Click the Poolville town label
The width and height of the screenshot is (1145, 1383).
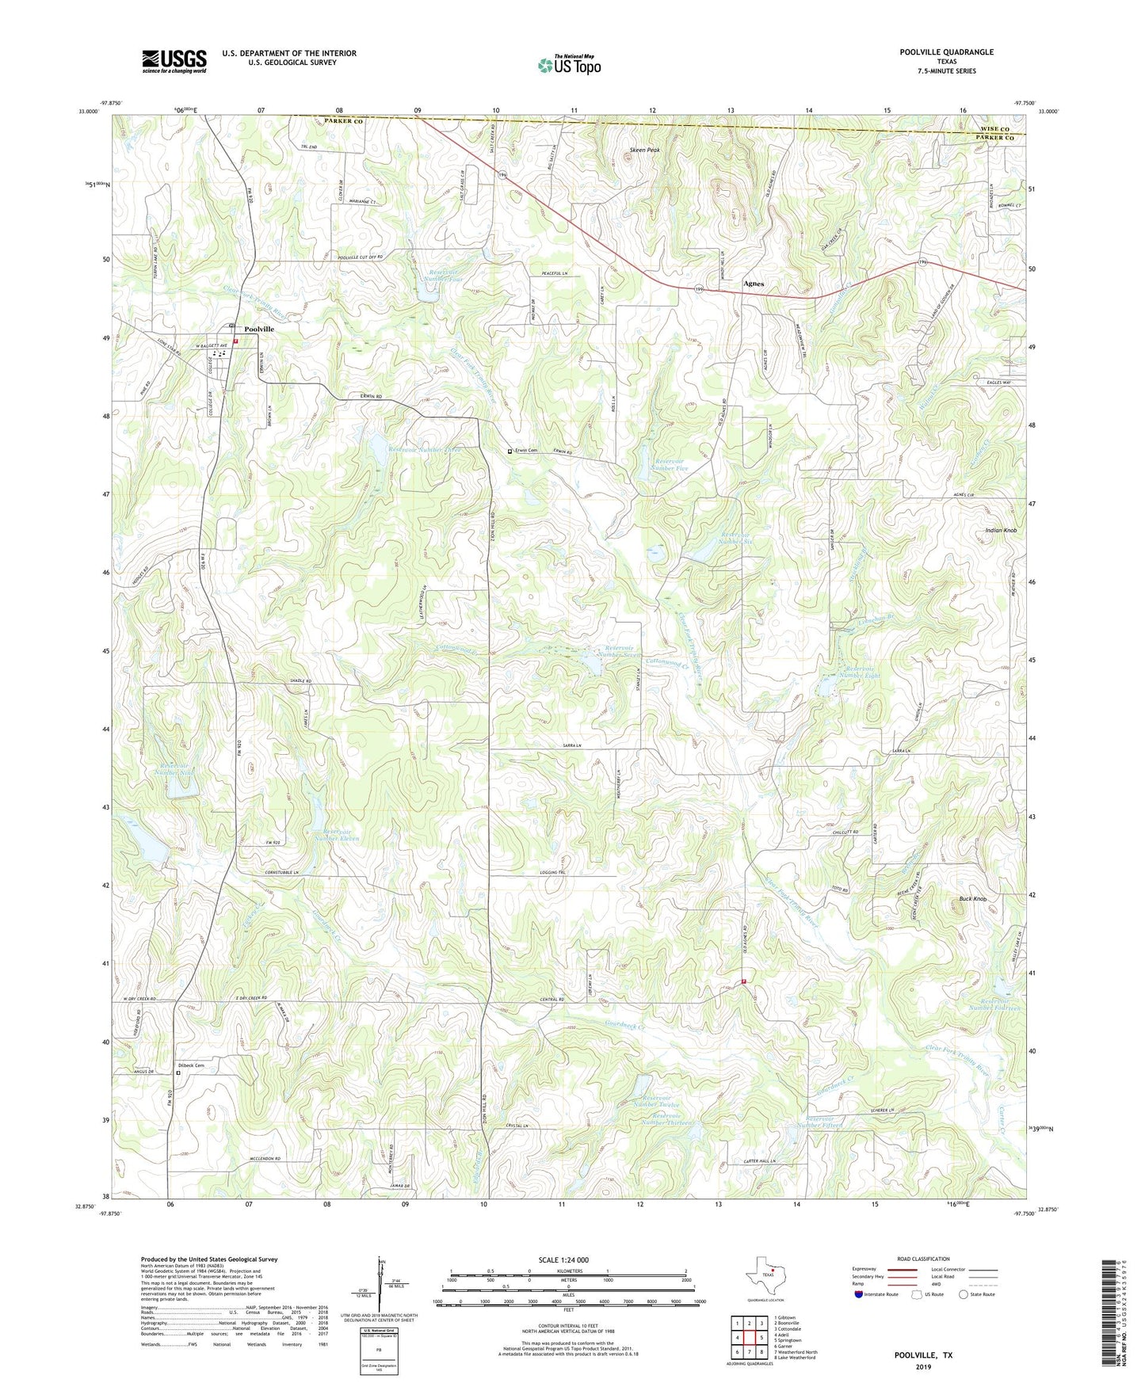259,329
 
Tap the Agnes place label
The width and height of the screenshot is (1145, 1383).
754,283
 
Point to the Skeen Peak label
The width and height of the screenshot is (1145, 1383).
644,150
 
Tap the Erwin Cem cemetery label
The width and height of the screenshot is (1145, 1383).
525,451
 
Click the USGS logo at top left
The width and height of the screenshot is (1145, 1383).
174,61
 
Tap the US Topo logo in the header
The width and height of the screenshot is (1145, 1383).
568,65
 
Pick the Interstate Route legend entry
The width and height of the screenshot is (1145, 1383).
876,1294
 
